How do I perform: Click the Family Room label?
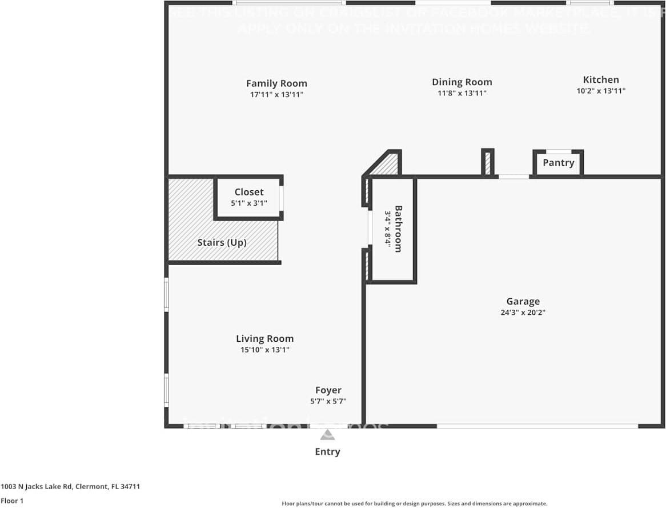pos(276,83)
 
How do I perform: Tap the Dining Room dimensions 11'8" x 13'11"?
pos(462,94)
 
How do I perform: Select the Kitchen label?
pos(601,80)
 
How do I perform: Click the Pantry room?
pos(558,163)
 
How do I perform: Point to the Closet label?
pos(249,192)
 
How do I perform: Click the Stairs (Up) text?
pos(222,242)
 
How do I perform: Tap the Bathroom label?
pos(398,229)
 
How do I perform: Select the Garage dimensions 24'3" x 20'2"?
pos(523,313)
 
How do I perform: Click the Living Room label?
pos(264,339)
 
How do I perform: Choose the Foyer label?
pos(328,391)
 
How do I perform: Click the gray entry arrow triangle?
pos(327,435)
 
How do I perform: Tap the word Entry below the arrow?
pos(327,452)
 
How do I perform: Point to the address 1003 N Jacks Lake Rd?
pos(70,487)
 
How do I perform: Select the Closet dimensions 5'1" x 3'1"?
pos(249,203)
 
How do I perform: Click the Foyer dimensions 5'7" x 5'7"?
pos(328,402)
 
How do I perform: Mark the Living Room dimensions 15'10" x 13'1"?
pos(264,350)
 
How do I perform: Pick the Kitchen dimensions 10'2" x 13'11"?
pos(601,91)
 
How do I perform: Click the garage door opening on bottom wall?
pos(537,426)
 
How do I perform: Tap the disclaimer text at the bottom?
pos(414,504)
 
